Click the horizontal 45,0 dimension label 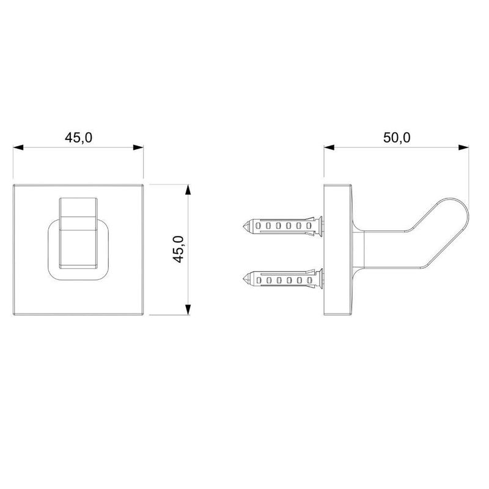79,138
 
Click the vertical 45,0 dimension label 178,249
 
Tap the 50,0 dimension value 397,138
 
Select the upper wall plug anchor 283,226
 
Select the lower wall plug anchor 283,279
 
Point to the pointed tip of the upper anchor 243,226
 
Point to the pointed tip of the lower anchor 243,279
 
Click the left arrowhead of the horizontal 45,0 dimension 18,147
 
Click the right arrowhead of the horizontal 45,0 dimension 138,147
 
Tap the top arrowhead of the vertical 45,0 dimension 188,189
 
